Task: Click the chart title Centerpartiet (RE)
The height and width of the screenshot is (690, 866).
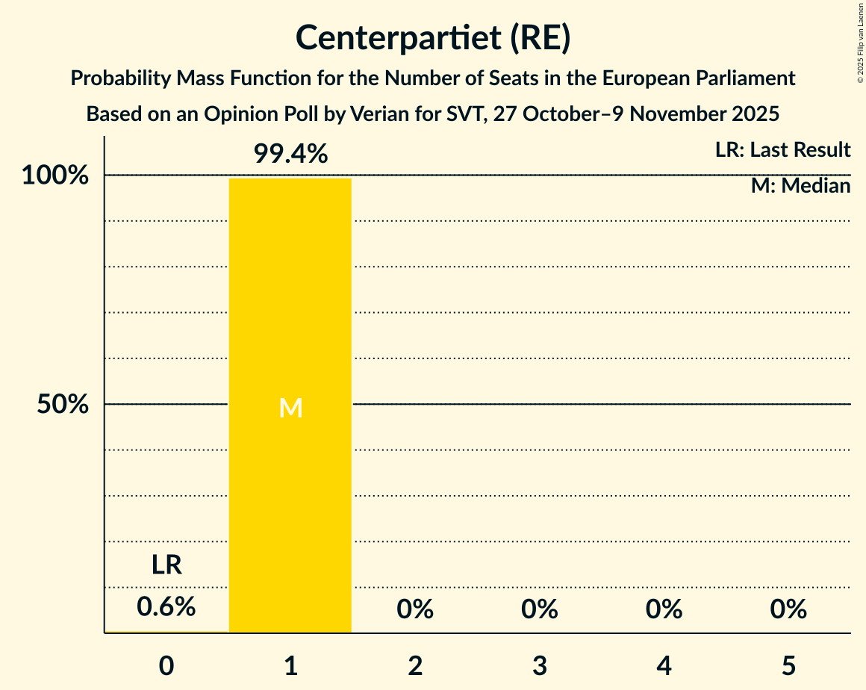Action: pyautogui.click(x=433, y=38)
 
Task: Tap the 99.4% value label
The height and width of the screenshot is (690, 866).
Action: pyautogui.click(x=290, y=154)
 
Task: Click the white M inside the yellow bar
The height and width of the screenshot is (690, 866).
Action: pyautogui.click(x=290, y=408)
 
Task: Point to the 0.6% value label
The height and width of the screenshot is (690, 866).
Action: pyautogui.click(x=166, y=607)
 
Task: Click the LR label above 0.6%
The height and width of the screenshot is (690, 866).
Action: pyautogui.click(x=166, y=565)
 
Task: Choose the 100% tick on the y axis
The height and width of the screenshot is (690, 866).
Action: pyautogui.click(x=55, y=176)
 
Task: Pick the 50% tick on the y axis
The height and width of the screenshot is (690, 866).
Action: pyautogui.click(x=63, y=405)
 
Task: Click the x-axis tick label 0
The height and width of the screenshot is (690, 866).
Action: pyautogui.click(x=166, y=664)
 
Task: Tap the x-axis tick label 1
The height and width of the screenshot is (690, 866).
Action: pyautogui.click(x=290, y=664)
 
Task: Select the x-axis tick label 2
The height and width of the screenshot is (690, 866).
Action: pyautogui.click(x=415, y=664)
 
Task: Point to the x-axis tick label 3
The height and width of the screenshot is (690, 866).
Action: pyautogui.click(x=540, y=664)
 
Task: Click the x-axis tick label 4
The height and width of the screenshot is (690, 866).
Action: pyautogui.click(x=664, y=664)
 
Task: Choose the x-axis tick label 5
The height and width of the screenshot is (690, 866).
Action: pyautogui.click(x=788, y=664)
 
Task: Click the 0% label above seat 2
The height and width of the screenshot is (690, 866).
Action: pyautogui.click(x=415, y=609)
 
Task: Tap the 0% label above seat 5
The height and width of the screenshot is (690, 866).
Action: pyautogui.click(x=788, y=609)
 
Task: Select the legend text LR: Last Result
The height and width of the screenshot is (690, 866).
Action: pyautogui.click(x=782, y=150)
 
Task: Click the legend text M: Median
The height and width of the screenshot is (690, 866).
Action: pyautogui.click(x=800, y=186)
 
